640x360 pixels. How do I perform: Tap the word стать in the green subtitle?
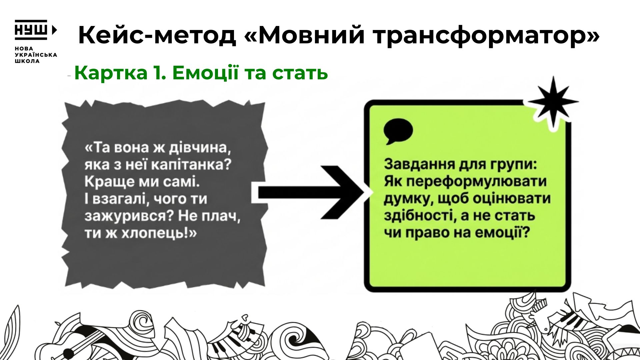tap(300, 74)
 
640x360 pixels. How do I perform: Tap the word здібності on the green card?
tap(416, 215)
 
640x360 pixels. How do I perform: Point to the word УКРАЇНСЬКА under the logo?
tap(36, 55)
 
